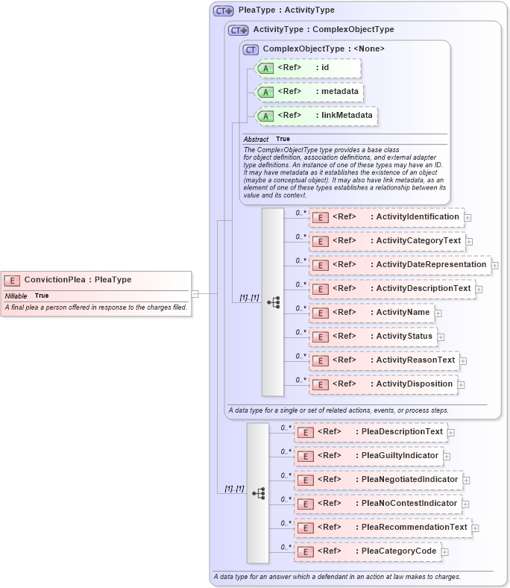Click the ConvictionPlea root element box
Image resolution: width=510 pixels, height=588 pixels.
pos(96,280)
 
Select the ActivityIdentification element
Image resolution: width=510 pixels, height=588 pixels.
pos(387,217)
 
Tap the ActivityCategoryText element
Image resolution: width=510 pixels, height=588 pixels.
pos(388,241)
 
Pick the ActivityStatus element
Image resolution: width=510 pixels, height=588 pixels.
pos(374,337)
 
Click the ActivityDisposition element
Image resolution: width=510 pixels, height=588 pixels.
pos(384,384)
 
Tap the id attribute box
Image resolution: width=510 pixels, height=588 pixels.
pos(307,68)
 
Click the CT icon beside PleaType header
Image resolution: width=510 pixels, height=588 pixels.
pos(223,11)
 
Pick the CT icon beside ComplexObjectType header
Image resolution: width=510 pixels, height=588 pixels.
pos(251,49)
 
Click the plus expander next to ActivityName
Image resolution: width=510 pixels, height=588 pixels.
pos(438,313)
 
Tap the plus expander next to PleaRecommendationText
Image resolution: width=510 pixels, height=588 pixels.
pos(476,528)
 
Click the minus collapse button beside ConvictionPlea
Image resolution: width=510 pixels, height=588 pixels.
pos(195,294)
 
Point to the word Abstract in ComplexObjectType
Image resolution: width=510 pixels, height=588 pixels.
pos(256,140)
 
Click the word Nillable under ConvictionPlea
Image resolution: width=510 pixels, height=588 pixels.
pos(16,295)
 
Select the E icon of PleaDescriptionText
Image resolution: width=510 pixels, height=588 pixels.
pos(305,432)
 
